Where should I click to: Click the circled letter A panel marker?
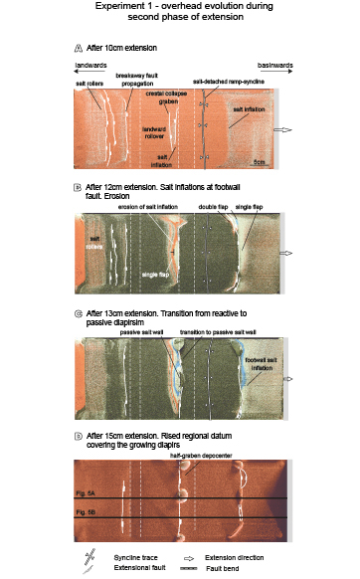pyautogui.click(x=78, y=49)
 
